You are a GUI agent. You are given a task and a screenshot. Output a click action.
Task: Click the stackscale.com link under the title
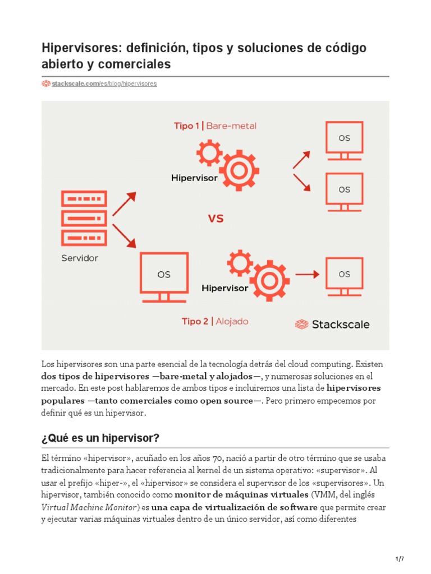104,84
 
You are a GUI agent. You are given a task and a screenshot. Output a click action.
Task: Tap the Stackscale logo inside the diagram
332,324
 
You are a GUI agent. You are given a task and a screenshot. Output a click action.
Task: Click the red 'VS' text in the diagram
216,219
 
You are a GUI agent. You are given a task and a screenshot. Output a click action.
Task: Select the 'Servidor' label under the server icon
80,258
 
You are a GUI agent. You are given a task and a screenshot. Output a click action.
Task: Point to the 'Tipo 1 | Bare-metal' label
215,126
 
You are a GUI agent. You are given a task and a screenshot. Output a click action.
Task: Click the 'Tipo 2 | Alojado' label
215,321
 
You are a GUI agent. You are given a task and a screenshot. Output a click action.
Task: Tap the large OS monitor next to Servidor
163,276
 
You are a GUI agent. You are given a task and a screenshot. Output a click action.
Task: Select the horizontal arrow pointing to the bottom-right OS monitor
308,274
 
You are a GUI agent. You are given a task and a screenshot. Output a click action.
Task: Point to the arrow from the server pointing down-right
124,235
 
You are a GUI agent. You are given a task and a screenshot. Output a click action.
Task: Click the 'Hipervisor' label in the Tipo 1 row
194,178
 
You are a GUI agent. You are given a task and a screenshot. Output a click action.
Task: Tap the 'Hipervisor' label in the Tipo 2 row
224,288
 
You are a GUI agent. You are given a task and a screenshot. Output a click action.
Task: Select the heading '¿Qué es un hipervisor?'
101,438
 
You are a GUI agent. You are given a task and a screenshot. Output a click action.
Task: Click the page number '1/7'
400,559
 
